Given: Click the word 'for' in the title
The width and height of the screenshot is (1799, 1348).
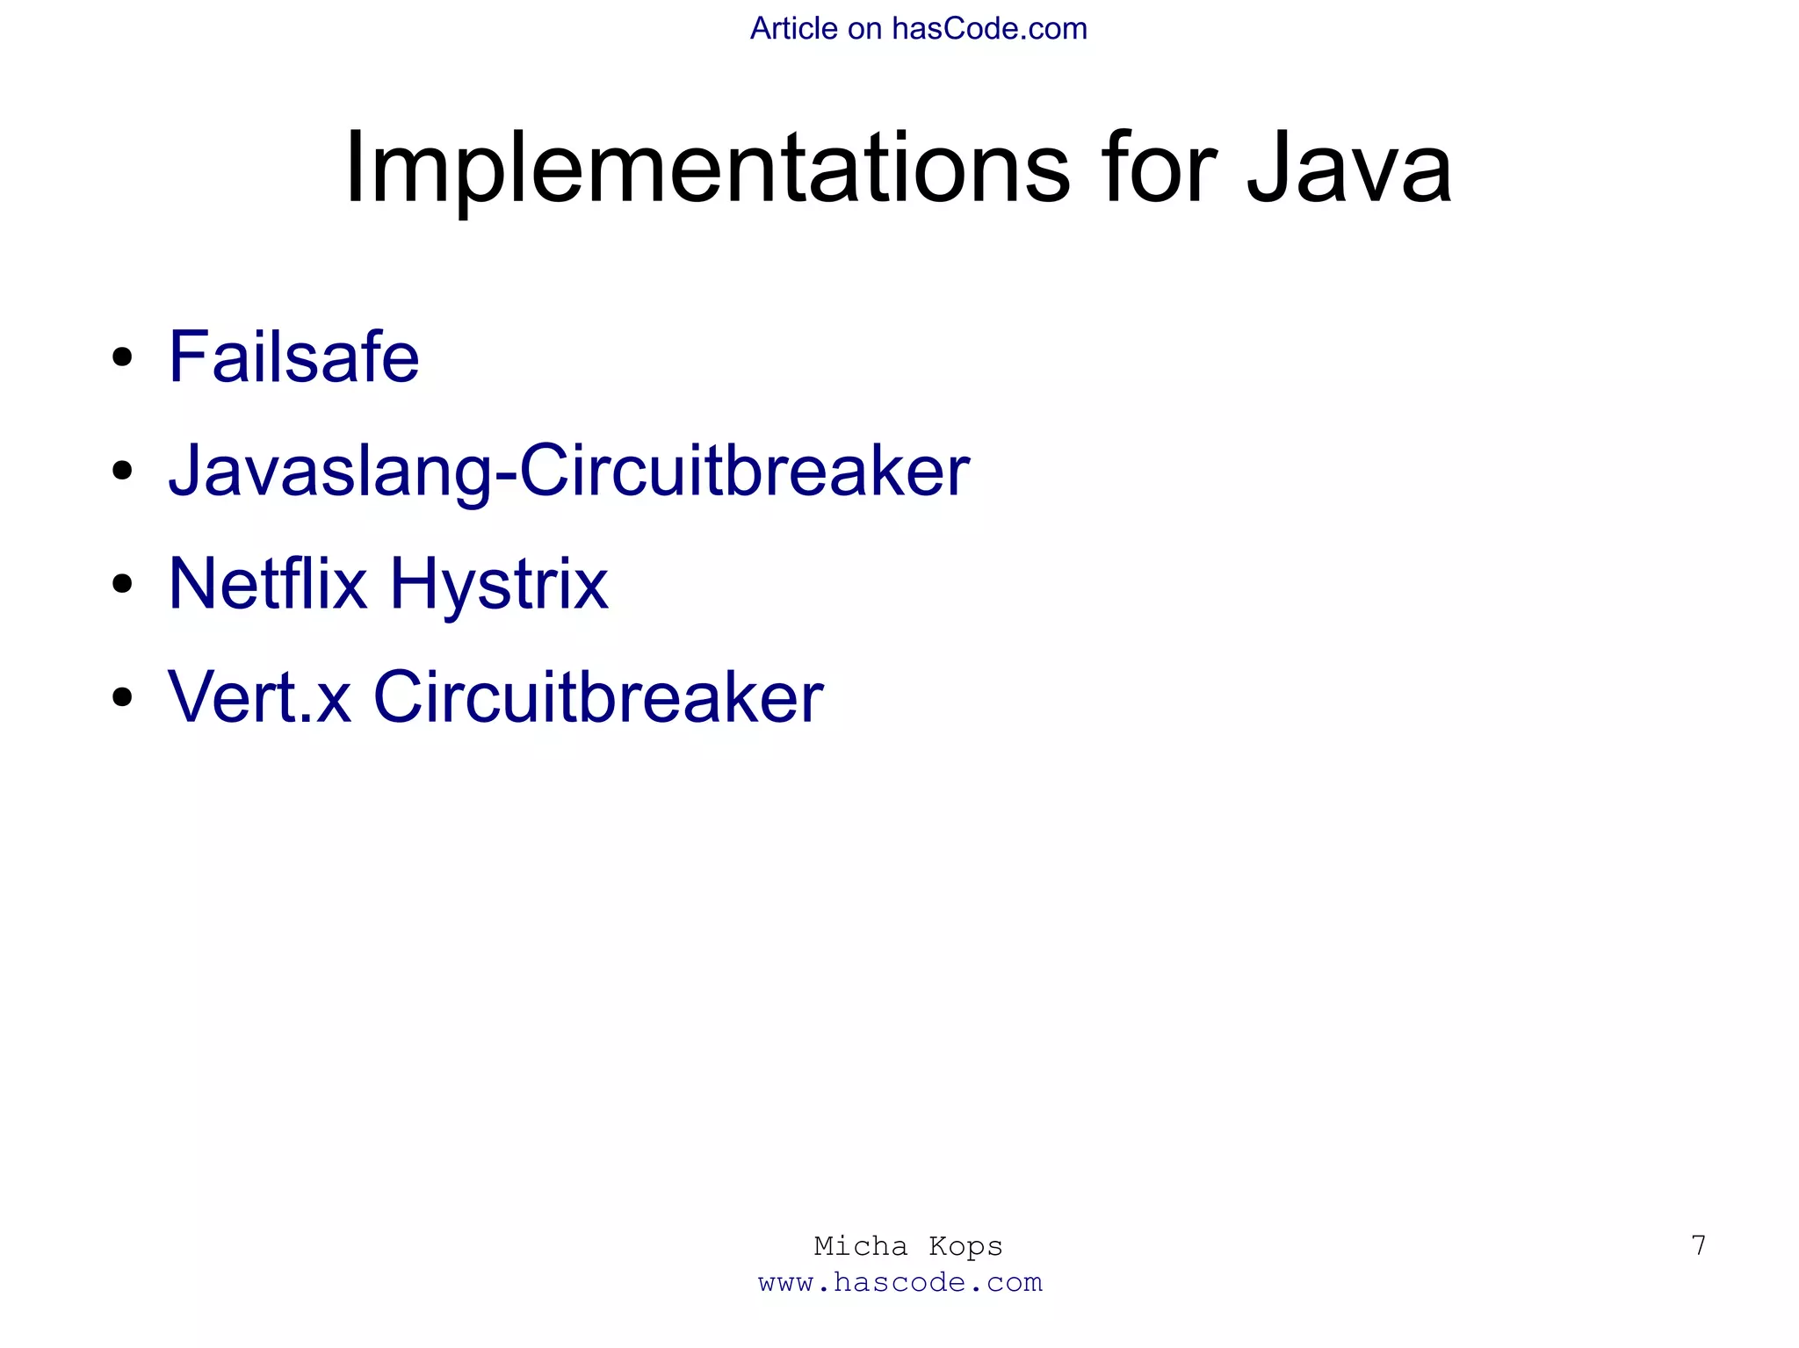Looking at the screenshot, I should tap(1159, 169).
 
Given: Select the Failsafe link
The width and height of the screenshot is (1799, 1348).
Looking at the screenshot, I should tap(294, 357).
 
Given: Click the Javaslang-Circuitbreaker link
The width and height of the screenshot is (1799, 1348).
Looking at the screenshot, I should tap(568, 472).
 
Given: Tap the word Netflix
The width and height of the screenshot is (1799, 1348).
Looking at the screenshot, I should tap(267, 584).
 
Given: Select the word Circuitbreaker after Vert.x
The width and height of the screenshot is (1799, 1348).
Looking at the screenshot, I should tap(598, 697).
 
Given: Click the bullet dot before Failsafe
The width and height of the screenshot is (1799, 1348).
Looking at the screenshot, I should tap(122, 357).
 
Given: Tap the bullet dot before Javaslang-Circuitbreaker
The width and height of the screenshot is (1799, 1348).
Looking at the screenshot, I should tap(122, 471).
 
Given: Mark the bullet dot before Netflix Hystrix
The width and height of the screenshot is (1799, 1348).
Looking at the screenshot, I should tap(122, 584).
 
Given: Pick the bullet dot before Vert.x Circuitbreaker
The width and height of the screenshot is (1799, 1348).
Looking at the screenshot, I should tap(122, 697).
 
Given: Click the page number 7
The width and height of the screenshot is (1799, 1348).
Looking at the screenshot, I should tap(1698, 1245).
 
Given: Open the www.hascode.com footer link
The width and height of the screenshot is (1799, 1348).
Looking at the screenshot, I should tap(900, 1283).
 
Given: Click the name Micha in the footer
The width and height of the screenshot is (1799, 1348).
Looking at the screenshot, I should tap(861, 1246).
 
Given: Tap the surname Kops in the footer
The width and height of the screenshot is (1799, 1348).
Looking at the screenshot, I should tap(965, 1246).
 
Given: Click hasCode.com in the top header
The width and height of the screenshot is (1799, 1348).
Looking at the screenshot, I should tap(989, 29).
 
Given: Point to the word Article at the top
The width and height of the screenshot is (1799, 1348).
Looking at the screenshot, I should tap(793, 29).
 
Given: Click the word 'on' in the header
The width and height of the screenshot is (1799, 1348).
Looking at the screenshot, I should tap(864, 29).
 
